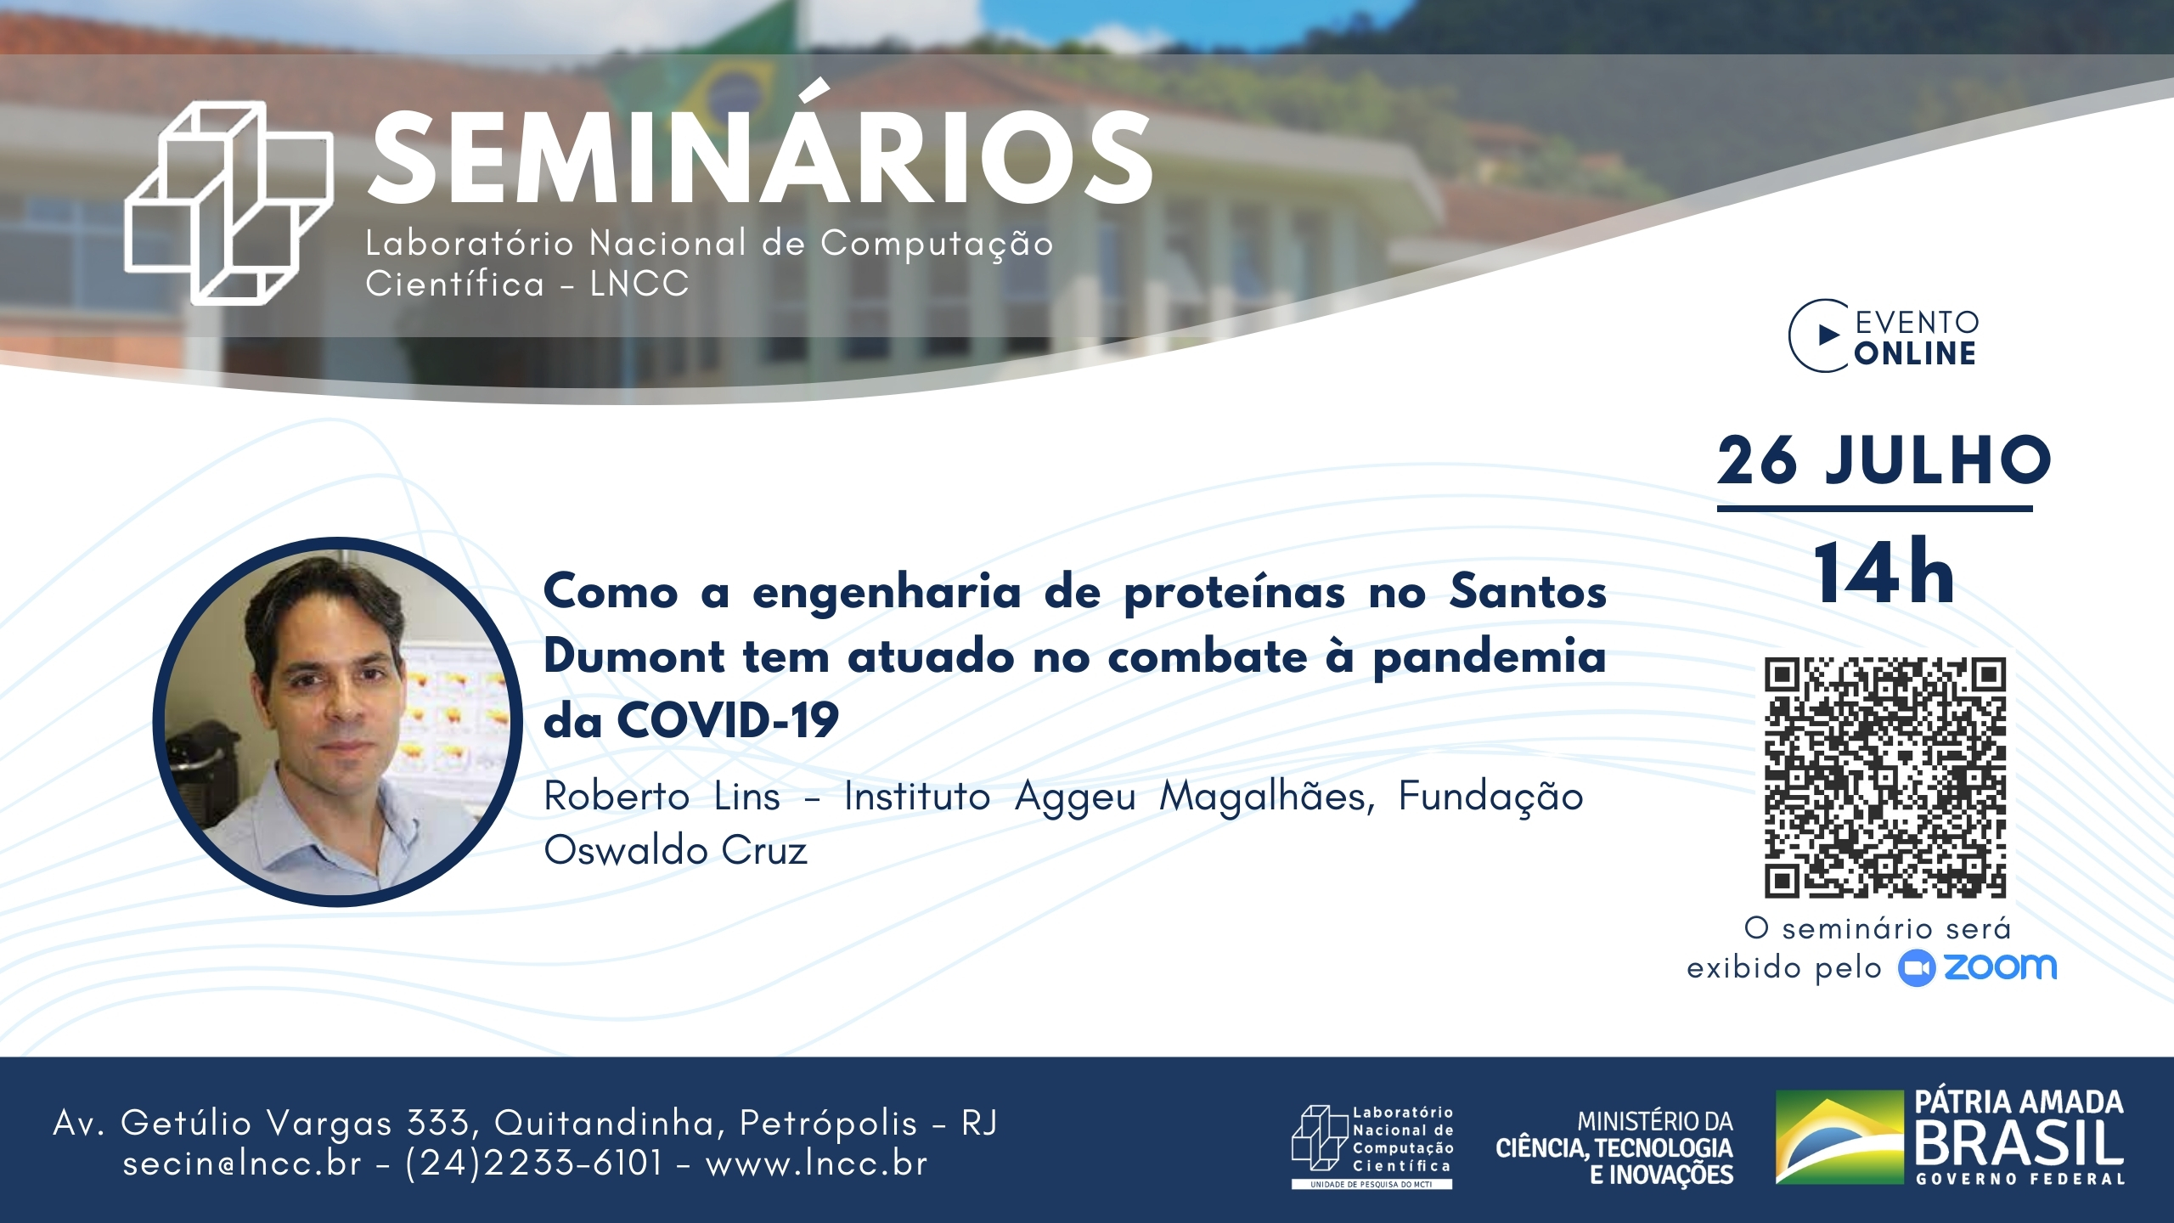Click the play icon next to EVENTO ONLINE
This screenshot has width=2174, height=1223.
[x=1828, y=335]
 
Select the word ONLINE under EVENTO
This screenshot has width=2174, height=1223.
[x=1915, y=353]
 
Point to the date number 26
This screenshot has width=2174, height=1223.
[x=1757, y=460]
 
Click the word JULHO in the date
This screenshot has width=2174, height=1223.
[x=1939, y=460]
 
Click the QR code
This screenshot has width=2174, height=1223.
[x=1885, y=777]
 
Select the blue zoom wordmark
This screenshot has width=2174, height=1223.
[x=2000, y=967]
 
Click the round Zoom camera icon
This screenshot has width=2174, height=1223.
[x=1917, y=968]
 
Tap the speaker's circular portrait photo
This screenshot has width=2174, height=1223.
[x=338, y=722]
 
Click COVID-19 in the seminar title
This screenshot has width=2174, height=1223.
[x=728, y=720]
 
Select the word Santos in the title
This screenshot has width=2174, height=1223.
[x=1528, y=591]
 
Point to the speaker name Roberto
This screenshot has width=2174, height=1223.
[x=617, y=797]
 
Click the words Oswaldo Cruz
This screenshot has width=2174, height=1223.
[x=675, y=850]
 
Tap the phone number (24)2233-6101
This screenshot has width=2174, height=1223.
[x=533, y=1163]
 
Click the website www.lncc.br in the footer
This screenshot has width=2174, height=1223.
[x=816, y=1163]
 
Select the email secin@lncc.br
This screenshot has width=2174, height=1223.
[x=242, y=1163]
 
